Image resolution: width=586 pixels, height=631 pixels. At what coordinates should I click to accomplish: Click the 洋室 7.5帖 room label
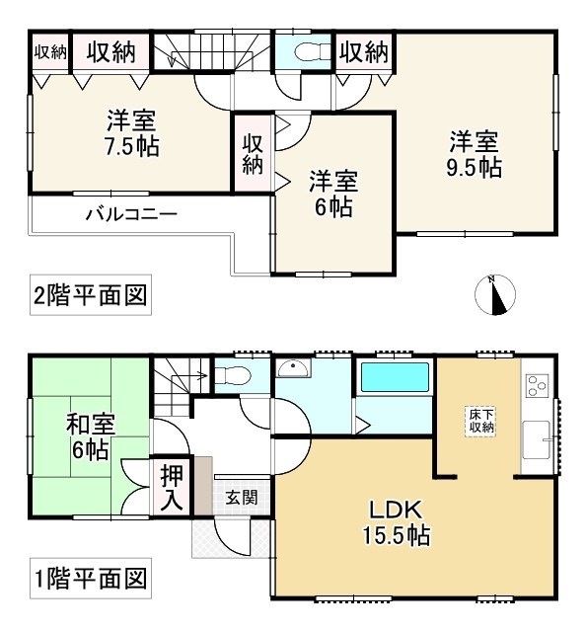[x=132, y=133]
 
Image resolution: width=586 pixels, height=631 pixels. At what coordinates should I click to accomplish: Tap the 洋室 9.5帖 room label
[x=475, y=154]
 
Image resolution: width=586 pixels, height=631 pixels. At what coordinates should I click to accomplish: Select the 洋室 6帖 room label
[x=333, y=194]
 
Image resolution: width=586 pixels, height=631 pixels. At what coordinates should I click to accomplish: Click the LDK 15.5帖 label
[x=397, y=522]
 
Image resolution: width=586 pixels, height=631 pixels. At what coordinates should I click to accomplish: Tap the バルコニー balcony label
[x=131, y=214]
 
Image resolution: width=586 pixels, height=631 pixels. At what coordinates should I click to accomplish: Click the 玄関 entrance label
[x=241, y=499]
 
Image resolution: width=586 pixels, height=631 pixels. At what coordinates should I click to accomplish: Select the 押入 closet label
[x=172, y=489]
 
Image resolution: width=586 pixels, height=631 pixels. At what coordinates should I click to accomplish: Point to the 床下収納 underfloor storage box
[x=481, y=422]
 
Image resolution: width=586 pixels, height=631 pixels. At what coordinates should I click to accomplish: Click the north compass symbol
[x=495, y=295]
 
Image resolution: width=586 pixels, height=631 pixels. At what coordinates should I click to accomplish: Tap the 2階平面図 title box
[x=91, y=295]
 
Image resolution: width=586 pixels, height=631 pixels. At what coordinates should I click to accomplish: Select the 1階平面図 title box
[x=91, y=579]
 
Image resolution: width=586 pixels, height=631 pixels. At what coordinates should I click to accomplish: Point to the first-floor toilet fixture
[x=232, y=376]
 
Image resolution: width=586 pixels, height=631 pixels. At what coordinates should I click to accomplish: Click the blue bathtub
[x=395, y=377]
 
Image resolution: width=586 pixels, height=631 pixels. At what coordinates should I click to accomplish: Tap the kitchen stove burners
[x=537, y=386]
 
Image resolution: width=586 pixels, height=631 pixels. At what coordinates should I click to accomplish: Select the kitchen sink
[x=536, y=439]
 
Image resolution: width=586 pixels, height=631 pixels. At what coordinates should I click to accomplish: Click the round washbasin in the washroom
[x=293, y=368]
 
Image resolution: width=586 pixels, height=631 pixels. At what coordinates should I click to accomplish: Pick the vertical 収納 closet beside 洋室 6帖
[x=253, y=154]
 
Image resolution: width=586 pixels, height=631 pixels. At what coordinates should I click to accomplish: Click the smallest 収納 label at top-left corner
[x=50, y=52]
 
